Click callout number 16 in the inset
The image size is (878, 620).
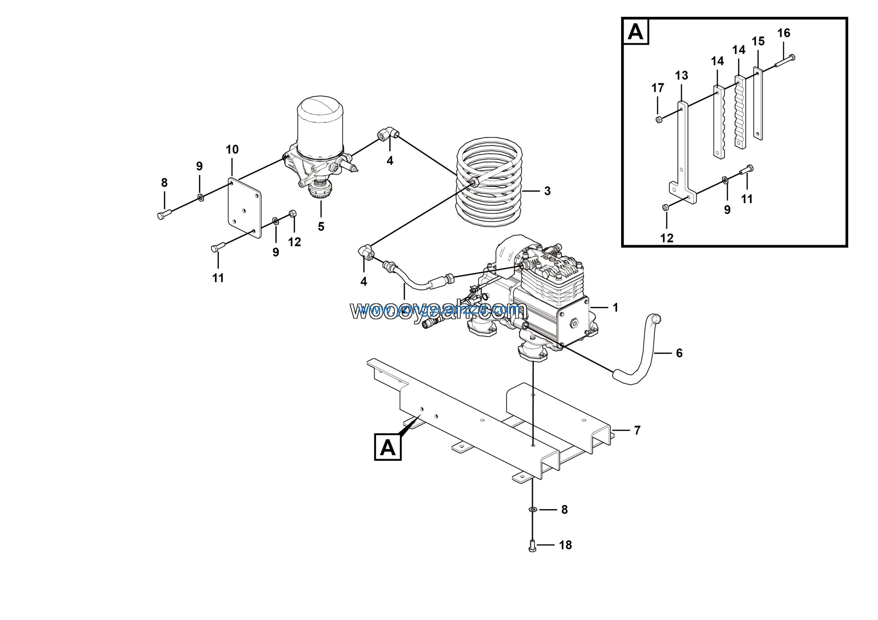point(784,33)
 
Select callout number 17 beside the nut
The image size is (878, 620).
point(658,88)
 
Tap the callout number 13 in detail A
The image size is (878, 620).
point(681,76)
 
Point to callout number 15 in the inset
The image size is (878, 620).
point(758,41)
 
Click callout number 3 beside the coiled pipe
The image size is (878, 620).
point(547,191)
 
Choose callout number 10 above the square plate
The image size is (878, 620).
point(232,150)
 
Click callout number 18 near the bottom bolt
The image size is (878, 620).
point(565,545)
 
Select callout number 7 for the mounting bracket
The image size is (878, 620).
point(637,430)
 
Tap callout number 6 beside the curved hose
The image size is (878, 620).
point(679,353)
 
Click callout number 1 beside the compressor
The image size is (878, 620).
point(615,308)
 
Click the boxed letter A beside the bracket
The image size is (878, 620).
point(387,447)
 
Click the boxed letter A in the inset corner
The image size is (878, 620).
point(636,32)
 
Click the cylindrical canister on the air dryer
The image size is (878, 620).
point(320,126)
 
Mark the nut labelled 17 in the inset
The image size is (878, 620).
point(659,120)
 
